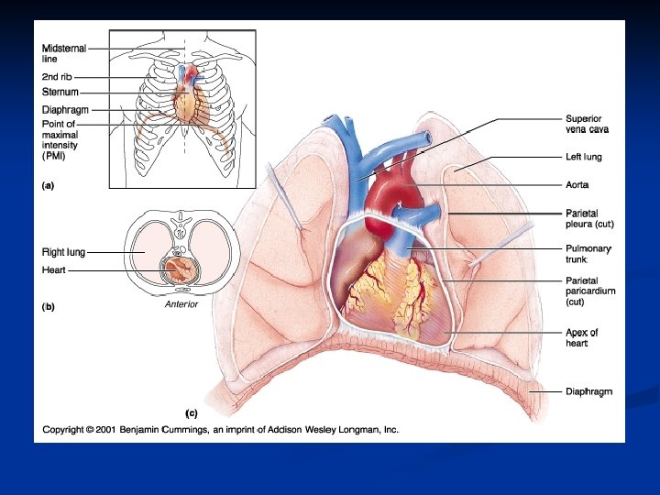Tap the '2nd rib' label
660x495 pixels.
point(57,77)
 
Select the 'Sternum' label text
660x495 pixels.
point(60,93)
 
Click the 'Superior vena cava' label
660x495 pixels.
point(588,124)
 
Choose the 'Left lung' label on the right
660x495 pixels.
point(583,157)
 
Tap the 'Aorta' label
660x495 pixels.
point(577,184)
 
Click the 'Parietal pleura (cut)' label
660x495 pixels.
point(588,218)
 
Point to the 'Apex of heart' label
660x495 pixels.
point(582,337)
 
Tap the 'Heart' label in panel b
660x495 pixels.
point(54,270)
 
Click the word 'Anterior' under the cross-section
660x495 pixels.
point(181,304)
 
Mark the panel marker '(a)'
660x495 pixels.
point(49,185)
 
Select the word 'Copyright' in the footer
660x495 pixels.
point(63,428)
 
